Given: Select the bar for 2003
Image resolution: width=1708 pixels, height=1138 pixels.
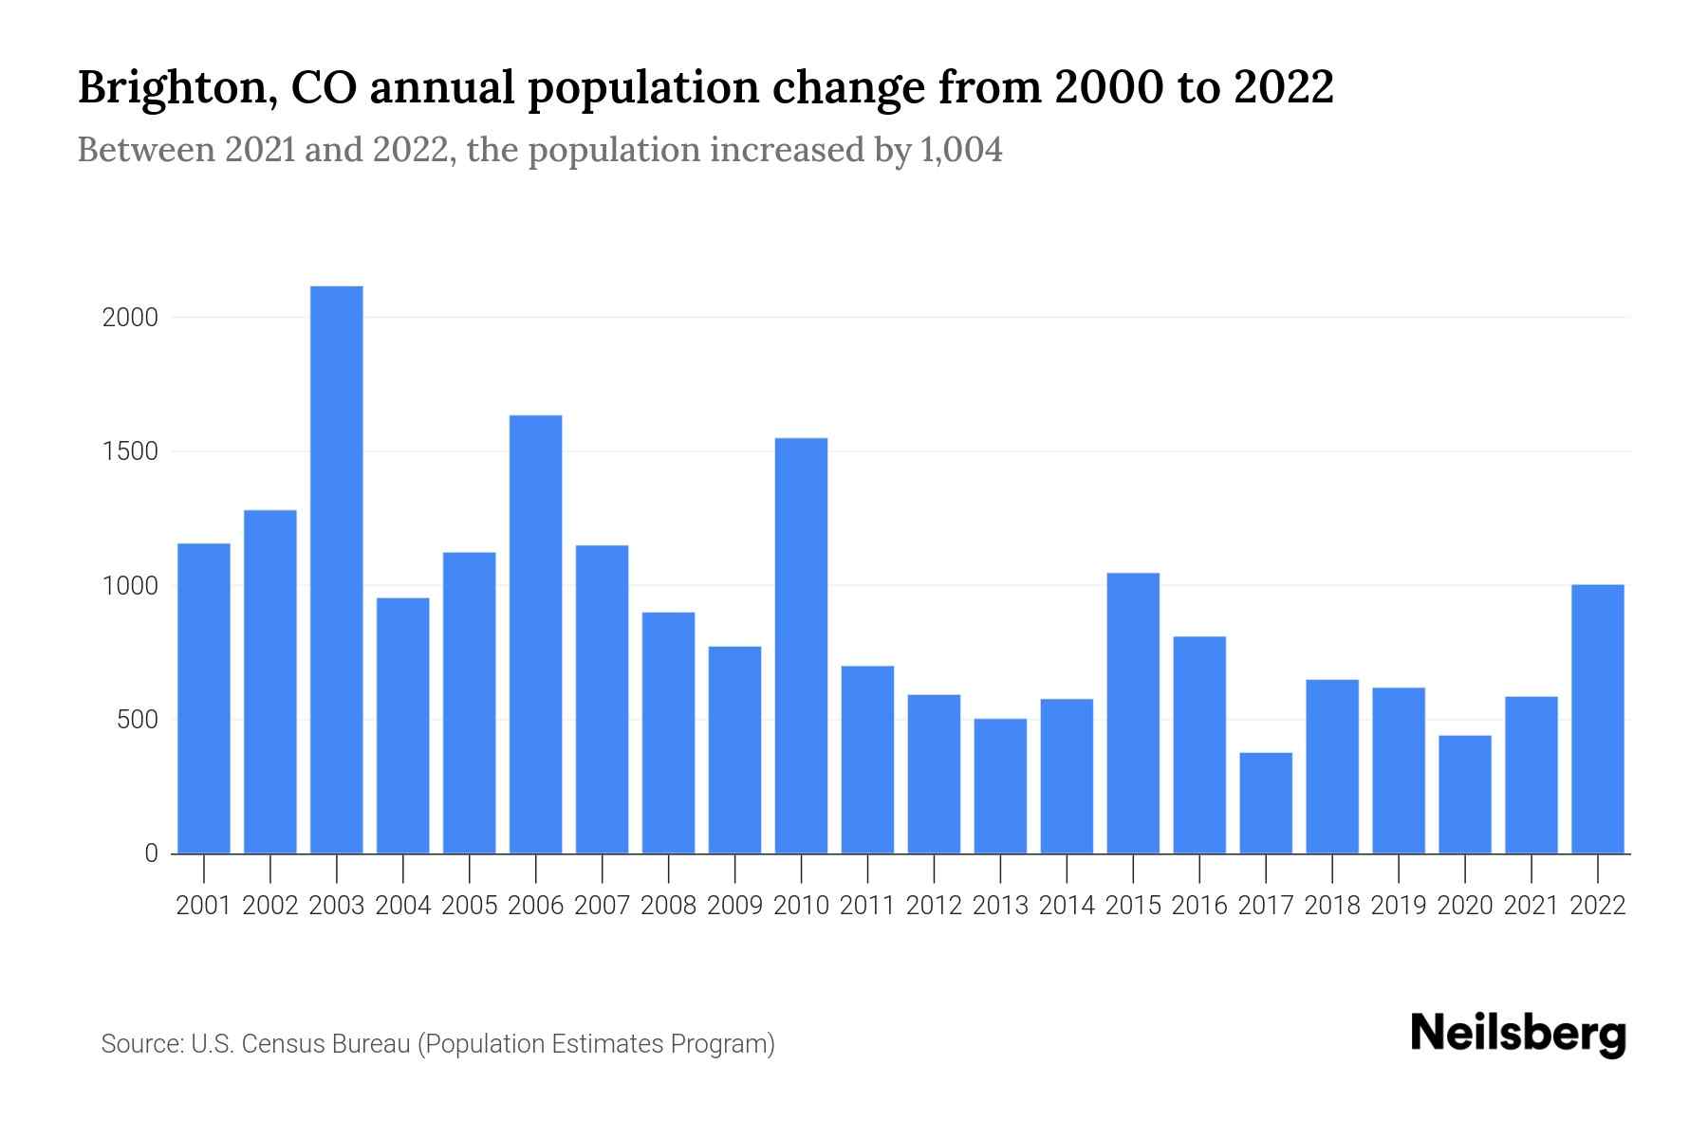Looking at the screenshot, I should [x=337, y=569].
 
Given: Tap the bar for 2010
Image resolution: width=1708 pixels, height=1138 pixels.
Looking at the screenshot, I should [x=801, y=645].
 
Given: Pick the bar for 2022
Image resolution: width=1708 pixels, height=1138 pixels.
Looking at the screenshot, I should [x=1598, y=719].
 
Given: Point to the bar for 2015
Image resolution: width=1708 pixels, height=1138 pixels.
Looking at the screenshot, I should [x=1133, y=713].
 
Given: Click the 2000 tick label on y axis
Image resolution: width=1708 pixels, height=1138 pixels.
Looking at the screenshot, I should [x=130, y=318].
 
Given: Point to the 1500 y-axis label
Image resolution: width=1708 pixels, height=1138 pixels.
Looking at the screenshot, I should [x=130, y=451].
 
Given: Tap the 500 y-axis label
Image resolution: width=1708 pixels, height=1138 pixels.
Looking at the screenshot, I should [x=137, y=720].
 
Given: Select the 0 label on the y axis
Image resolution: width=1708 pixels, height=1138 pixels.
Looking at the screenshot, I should [x=151, y=853].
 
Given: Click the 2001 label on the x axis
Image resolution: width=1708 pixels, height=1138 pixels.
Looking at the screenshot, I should [x=204, y=906].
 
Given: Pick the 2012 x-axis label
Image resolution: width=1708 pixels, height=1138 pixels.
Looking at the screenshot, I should [x=934, y=906].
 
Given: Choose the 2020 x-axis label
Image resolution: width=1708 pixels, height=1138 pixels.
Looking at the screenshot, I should [x=1465, y=906].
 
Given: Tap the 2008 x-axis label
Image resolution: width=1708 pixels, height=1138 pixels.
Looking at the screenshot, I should [x=668, y=906].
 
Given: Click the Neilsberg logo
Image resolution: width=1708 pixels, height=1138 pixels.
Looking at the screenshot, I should [x=1518, y=1034].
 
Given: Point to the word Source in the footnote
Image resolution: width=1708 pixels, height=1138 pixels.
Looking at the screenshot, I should [x=140, y=1044].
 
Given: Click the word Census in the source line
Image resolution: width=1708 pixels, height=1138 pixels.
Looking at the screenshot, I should [x=279, y=1044].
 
